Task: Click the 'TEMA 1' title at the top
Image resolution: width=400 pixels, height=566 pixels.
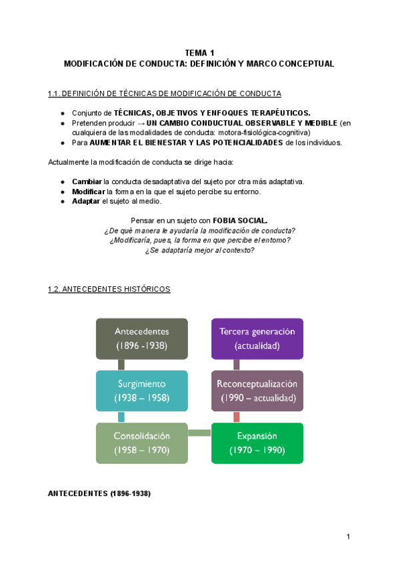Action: coord(199,53)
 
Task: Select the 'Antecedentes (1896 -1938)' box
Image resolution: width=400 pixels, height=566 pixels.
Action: coord(141,338)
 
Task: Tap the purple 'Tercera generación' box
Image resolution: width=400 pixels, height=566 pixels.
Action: coord(257,338)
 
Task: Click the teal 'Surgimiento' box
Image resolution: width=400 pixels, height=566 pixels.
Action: coord(141,390)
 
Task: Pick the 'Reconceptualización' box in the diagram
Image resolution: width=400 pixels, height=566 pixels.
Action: coord(257,390)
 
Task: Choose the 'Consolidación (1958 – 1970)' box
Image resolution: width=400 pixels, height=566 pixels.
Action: coord(141,443)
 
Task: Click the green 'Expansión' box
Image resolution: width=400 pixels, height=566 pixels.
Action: coord(257,443)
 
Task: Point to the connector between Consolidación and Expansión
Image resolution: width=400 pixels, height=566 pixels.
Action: coord(199,434)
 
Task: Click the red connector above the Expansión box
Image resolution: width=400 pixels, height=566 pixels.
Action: coord(236,416)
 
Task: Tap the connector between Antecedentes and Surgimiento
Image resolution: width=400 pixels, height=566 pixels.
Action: coord(121,364)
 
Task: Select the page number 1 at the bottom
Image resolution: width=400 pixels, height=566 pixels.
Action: coord(348,537)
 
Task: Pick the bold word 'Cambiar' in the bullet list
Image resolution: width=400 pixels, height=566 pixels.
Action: coord(87,182)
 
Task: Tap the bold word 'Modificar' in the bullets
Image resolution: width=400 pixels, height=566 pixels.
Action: coord(89,192)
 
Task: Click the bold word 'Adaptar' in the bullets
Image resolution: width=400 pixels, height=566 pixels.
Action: coord(86,201)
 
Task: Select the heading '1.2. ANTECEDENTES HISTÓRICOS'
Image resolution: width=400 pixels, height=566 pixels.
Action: coord(109,289)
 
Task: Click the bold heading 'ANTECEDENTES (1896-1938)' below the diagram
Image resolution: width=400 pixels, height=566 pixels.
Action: coord(99,494)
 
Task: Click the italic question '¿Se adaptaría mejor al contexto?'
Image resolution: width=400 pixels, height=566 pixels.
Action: coord(199,250)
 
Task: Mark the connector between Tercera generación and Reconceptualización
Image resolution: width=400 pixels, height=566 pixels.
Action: coord(236,364)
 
